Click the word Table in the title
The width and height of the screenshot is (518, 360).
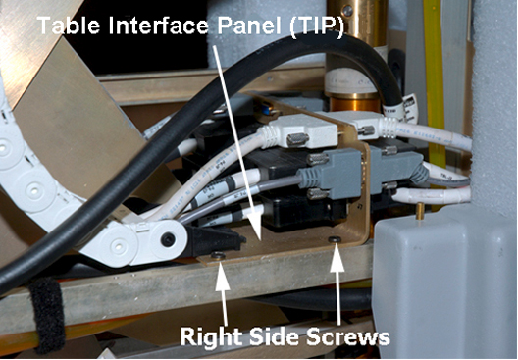[x=69, y=26]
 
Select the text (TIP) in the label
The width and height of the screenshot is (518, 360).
[x=317, y=26]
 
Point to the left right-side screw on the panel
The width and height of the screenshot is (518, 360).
[x=218, y=255]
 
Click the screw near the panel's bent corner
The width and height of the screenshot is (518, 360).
[x=335, y=239]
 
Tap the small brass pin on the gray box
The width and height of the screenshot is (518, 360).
[x=420, y=211]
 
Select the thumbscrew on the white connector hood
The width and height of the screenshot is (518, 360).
[x=297, y=139]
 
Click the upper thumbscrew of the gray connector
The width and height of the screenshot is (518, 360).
[x=317, y=159]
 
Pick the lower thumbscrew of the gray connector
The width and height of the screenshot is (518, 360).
[x=318, y=194]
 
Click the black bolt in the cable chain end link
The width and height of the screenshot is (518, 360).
[x=168, y=239]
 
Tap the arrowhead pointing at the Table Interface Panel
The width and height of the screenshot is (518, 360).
[x=255, y=226]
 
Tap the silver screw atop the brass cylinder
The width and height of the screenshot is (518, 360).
[x=346, y=11]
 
